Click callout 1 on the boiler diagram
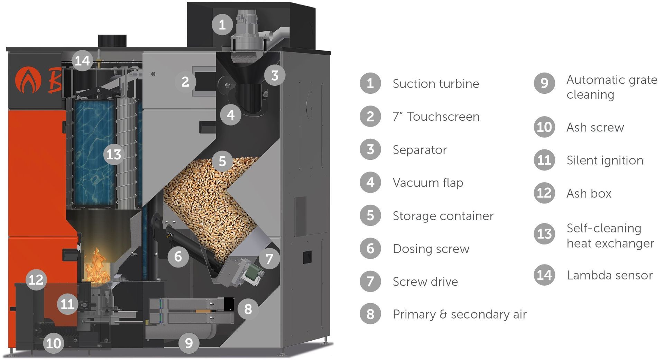point(222,24)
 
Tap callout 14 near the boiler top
point(82,61)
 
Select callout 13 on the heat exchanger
point(114,154)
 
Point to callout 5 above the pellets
point(222,161)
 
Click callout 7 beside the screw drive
point(269,258)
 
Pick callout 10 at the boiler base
point(53,343)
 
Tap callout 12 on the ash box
point(36,280)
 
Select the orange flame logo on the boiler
point(28,81)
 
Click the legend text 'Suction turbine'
point(436,84)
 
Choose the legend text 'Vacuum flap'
point(428,183)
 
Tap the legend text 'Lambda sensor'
point(609,275)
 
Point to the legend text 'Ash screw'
point(595,127)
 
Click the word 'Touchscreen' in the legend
point(443,117)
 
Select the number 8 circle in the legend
point(370,314)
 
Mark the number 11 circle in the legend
point(544,160)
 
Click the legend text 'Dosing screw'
point(431,249)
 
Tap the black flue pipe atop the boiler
point(112,41)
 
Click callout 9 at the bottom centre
point(189,343)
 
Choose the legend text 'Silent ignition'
point(605,160)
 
